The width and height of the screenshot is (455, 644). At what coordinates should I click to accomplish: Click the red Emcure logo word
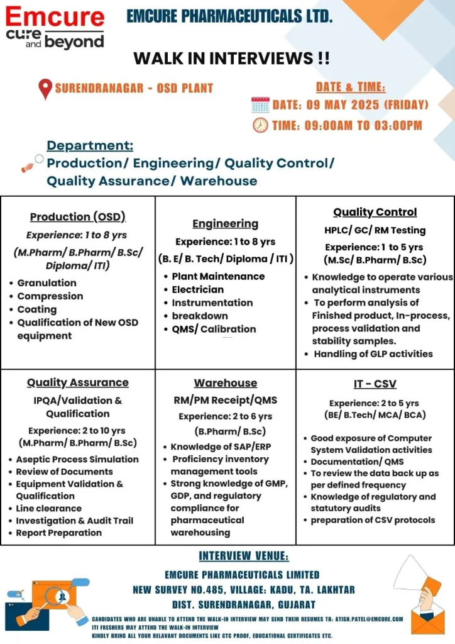[x=55, y=17]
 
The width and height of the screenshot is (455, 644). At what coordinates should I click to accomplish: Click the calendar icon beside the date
[x=260, y=104]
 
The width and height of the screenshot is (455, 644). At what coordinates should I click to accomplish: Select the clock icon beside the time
[x=260, y=125]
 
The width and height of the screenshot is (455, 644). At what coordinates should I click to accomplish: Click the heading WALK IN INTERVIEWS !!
[x=231, y=58]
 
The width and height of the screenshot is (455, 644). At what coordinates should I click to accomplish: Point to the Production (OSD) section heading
[x=78, y=217]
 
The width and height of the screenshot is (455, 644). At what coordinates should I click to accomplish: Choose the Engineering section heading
[x=225, y=223]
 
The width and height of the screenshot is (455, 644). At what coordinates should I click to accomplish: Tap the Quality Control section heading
[x=375, y=212]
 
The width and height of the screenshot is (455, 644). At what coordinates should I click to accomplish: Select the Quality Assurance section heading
[x=77, y=382]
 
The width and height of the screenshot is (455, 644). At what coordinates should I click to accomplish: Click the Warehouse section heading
[x=225, y=383]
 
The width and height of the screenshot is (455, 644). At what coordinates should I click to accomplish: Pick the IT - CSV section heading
[x=375, y=383]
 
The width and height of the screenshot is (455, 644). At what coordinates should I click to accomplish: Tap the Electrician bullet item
[x=197, y=289]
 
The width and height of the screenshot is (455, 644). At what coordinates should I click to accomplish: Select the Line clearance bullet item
[x=48, y=508]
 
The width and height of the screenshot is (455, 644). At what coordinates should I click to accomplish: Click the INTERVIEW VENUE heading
[x=244, y=556]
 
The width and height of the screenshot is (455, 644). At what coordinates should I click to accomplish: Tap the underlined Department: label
[x=90, y=146]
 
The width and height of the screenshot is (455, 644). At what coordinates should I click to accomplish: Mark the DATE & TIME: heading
[x=351, y=87]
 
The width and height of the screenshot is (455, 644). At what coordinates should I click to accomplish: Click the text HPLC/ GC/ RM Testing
[x=375, y=230]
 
